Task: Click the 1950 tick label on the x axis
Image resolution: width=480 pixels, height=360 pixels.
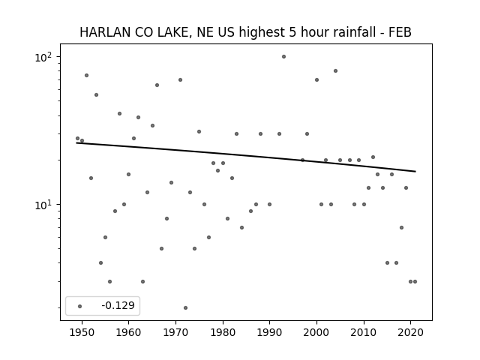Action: pos(82,332)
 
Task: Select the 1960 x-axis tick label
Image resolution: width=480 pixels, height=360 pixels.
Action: pos(128,332)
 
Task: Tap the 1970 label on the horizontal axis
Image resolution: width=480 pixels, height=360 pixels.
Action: pos(175,332)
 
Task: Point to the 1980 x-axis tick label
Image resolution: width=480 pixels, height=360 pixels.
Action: pos(223,332)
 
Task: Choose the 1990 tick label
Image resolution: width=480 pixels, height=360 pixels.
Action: pos(270,332)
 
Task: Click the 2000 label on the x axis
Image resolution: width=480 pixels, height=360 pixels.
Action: pos(316,332)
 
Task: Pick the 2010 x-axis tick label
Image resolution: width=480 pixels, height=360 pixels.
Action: pos(364,332)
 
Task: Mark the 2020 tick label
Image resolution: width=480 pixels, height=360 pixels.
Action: pos(411,332)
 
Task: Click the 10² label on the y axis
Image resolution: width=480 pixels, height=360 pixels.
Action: pos(43,57)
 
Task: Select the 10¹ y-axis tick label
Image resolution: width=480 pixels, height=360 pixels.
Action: pos(43,205)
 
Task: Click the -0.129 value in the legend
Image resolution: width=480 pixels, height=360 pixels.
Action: pos(118,305)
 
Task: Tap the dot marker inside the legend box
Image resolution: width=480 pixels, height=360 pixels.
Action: pos(79,306)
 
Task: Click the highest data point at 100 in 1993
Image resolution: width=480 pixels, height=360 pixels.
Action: pos(283,57)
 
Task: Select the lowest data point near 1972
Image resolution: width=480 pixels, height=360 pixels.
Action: pos(185,308)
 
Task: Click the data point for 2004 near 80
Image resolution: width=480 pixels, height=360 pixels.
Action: pos(335,71)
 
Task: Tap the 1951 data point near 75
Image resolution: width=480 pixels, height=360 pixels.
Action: pos(87,75)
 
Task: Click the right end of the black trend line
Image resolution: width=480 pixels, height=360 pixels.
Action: pos(415,172)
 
